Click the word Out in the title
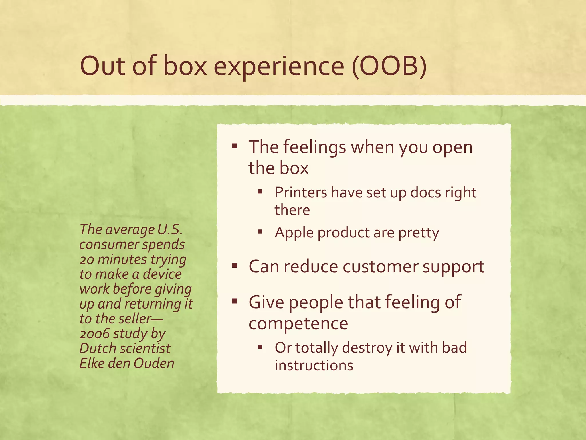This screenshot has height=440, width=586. [x=102, y=66]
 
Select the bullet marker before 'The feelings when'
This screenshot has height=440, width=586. [x=235, y=147]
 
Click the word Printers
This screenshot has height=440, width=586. [x=301, y=192]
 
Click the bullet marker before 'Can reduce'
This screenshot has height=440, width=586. [x=235, y=266]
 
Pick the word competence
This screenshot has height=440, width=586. [x=298, y=324]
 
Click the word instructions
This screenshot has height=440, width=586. [x=314, y=366]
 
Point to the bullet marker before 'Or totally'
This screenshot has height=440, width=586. [x=260, y=347]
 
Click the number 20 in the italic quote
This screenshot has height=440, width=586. [x=86, y=260]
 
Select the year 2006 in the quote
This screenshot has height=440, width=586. [x=94, y=334]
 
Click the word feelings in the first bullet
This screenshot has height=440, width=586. [x=314, y=147]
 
